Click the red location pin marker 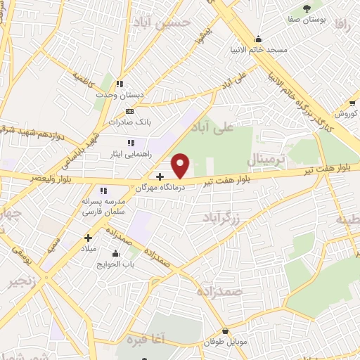point(181,165)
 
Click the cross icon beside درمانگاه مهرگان point(160,176)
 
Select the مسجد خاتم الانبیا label point(258,50)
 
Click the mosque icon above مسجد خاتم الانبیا point(259,39)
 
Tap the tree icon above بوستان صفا point(307,7)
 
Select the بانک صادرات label point(130,122)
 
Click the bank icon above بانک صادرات point(129,110)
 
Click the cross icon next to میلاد point(89,238)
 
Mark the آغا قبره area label point(148,340)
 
